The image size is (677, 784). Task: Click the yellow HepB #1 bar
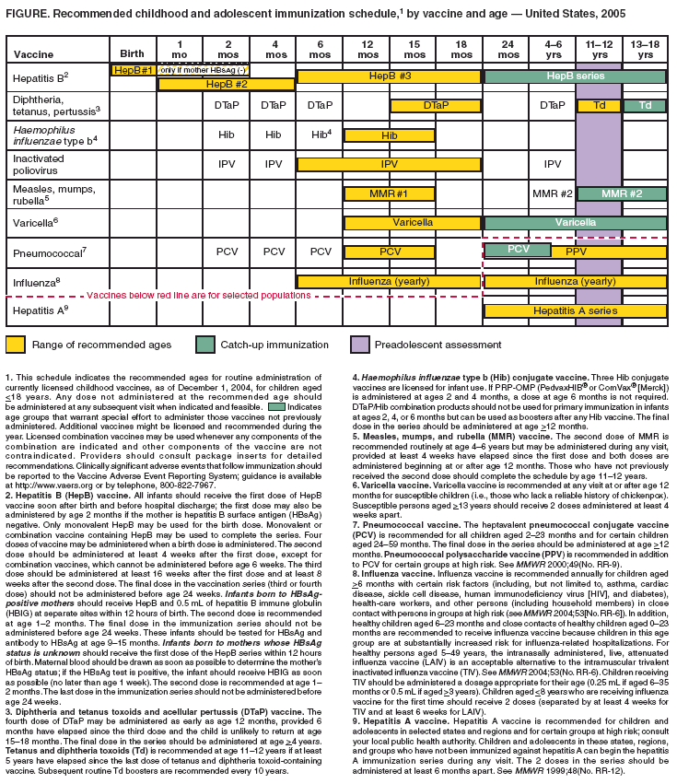click(134, 70)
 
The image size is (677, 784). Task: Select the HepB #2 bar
click(226, 84)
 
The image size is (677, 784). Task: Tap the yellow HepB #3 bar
click(389, 74)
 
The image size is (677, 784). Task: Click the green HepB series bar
click(575, 74)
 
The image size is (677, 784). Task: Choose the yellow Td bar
click(599, 106)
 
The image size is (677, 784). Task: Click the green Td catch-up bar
click(645, 106)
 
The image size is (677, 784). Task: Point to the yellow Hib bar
click(389, 135)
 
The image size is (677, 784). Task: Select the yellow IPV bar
click(389, 164)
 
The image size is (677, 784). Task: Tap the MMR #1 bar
click(389, 193)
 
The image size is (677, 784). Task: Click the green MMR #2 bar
click(622, 193)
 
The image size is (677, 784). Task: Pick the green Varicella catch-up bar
click(575, 222)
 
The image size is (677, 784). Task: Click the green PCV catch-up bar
click(518, 250)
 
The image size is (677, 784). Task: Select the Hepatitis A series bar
click(575, 311)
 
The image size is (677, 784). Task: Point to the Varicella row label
click(34, 222)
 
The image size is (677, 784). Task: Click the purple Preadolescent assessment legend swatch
click(363, 345)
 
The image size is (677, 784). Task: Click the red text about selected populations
click(198, 296)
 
